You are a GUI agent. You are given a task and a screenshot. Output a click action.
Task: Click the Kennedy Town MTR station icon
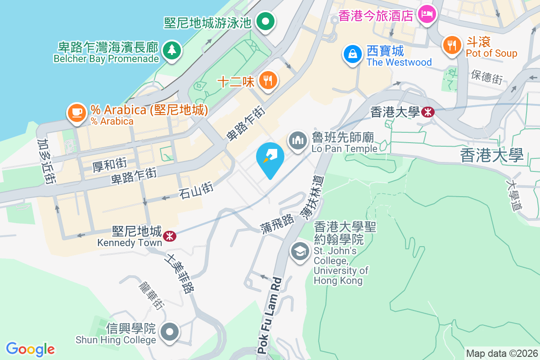click(x=170, y=236)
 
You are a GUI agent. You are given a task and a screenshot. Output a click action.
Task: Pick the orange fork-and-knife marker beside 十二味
click(x=269, y=81)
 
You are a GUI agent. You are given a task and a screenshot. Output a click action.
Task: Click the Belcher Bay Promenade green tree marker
click(x=171, y=49)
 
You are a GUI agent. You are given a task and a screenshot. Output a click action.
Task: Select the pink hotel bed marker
click(x=426, y=14)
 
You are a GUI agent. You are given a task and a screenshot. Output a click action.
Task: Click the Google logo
click(x=30, y=349)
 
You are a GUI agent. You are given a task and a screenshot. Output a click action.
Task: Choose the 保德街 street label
click(x=486, y=77)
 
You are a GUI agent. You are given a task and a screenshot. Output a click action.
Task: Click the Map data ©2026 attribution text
click(x=502, y=353)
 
